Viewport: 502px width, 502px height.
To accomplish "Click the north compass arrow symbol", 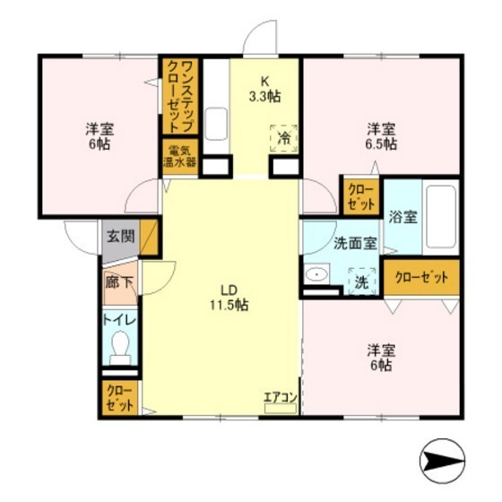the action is coord(442,462).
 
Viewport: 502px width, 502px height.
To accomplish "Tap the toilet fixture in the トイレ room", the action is coord(120,348).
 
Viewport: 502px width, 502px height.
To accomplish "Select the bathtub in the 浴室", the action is coord(441,216).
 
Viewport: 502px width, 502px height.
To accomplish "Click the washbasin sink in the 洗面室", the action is coord(316,274).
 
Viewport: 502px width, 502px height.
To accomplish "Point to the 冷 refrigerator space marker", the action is coord(283,138).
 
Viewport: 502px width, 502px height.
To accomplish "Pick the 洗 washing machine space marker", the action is coord(362,281).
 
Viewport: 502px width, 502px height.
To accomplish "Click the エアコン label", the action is coord(281,397).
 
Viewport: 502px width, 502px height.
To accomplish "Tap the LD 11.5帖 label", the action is coord(229,298).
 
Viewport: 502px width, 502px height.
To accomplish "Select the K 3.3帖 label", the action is coord(265,89).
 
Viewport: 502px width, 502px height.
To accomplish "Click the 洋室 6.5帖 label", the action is coord(382,136).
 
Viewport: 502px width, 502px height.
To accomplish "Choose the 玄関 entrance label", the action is coord(121,237).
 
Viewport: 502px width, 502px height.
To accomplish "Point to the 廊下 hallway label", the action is coord(119,282).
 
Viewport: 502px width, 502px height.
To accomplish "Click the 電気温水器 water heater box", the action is coord(180,157).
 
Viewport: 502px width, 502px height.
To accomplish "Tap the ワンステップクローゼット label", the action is coord(180,96).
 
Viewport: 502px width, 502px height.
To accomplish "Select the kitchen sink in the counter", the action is coord(216,125).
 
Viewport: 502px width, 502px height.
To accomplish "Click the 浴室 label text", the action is coord(403,218).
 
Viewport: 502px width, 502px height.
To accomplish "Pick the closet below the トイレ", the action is coord(120,398).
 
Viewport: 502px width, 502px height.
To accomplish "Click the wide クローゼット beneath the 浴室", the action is coord(421,277).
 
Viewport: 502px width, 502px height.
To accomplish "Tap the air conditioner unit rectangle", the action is coord(281,408).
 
